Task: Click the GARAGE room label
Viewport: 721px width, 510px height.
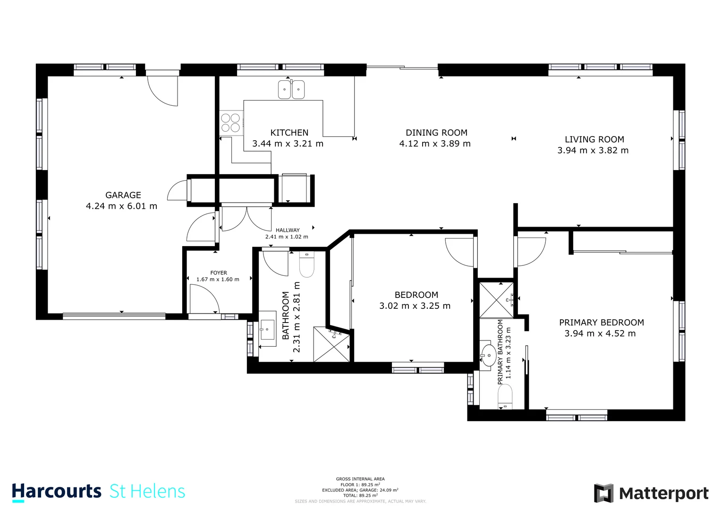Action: coord(123,195)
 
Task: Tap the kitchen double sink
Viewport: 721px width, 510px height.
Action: coord(291,89)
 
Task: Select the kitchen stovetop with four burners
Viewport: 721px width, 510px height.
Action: coord(230,123)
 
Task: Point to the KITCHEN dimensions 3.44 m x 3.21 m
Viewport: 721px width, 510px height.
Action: coord(288,144)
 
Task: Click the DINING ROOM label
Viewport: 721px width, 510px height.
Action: coord(436,133)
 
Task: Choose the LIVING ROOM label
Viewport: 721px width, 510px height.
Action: coord(594,139)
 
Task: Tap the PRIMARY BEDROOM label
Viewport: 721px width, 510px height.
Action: coord(601,323)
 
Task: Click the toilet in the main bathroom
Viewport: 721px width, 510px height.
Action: coord(306,265)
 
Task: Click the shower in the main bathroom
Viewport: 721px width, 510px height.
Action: coord(332,345)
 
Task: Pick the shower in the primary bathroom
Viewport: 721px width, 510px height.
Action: coord(496,300)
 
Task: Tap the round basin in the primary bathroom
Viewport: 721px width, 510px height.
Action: coord(488,356)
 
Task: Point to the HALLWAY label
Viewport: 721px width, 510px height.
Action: coord(288,230)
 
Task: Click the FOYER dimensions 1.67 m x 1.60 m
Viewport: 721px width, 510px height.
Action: coord(218,280)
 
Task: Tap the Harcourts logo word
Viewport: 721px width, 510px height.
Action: coord(56,492)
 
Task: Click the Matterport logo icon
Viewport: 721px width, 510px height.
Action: coord(603,493)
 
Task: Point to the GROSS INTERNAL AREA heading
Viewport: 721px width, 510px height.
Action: coord(360,479)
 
